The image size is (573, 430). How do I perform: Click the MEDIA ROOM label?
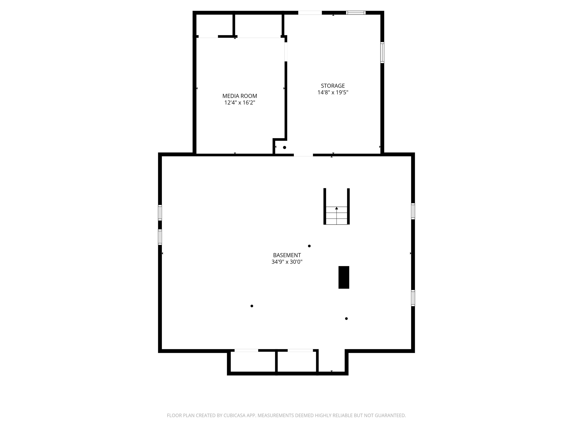coord(240,96)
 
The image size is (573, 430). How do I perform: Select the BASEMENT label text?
coord(287,255)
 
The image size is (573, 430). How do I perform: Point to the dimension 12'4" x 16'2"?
coord(240,103)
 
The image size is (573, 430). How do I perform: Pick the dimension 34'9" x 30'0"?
coord(287,262)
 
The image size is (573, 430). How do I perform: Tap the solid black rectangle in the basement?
coord(344,277)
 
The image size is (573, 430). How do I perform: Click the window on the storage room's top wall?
coord(356,13)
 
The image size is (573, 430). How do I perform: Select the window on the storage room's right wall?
coord(382,53)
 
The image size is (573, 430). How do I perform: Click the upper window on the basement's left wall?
coord(160,213)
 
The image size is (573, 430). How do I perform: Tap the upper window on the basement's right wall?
coord(413,211)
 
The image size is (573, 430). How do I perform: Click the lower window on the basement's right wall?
coord(413,298)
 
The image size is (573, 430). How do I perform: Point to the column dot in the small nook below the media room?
coord(284,147)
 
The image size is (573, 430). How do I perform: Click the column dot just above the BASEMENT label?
coord(309,246)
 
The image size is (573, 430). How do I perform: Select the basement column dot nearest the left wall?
coord(252,306)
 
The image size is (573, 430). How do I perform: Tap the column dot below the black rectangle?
coord(346,319)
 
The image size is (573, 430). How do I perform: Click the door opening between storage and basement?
coord(303,155)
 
